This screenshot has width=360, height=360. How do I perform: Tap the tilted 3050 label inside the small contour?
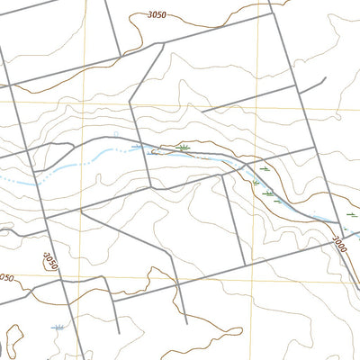click(x=49, y=261)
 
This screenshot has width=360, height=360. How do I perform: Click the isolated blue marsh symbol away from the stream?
click(x=58, y=328)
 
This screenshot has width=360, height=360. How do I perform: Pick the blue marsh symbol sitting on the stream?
click(x=138, y=145)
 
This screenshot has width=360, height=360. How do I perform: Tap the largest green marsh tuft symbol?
click(x=184, y=146)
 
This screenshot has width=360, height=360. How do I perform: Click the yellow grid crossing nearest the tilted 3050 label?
click(x=78, y=274)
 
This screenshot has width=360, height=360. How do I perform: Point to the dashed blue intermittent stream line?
click(x=54, y=171)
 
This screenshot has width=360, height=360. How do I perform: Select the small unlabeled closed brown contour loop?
click(x=3, y=346)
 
